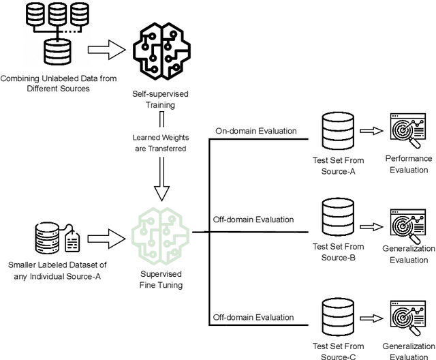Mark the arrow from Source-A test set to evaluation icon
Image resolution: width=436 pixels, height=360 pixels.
coord(368,129)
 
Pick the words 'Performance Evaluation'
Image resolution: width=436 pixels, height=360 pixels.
coord(409,164)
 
